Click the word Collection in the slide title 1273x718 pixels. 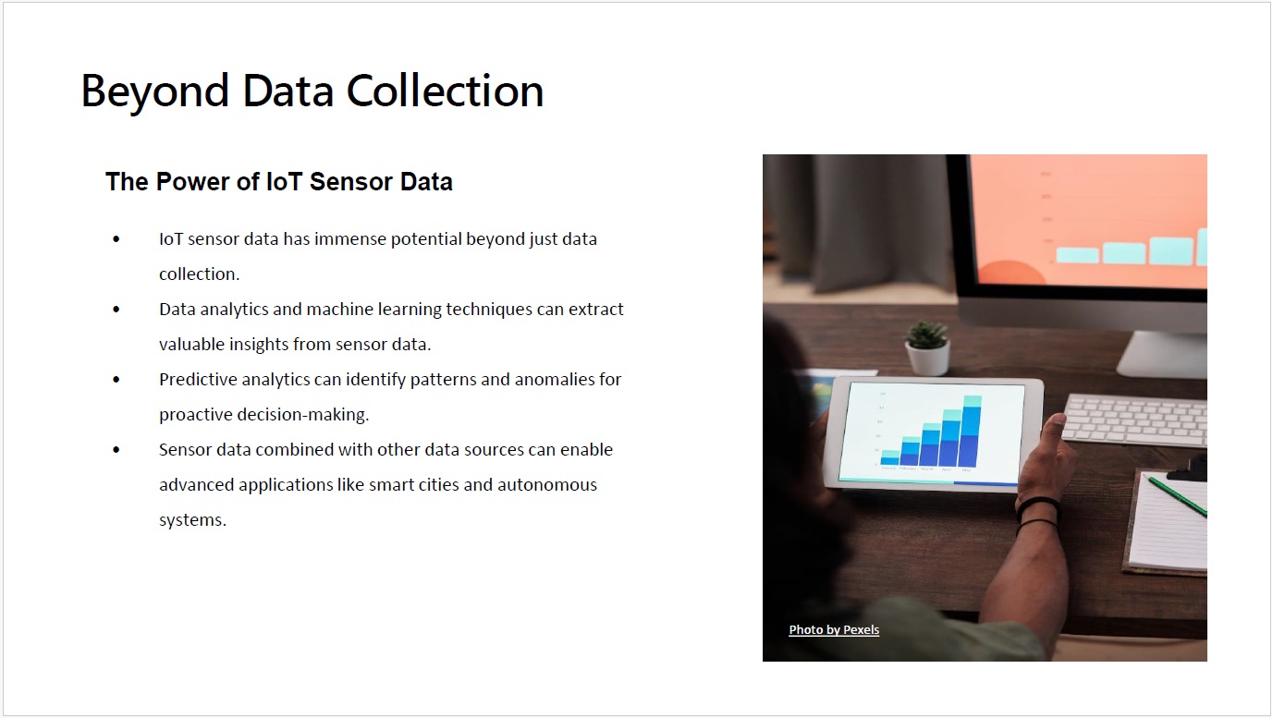(x=445, y=91)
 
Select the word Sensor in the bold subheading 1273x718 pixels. (x=350, y=182)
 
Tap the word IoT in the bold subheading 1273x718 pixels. (x=284, y=182)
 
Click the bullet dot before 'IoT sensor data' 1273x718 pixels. (x=116, y=239)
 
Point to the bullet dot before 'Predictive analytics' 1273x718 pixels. (x=116, y=380)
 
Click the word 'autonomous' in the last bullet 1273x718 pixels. (x=547, y=485)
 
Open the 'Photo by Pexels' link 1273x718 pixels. (x=834, y=629)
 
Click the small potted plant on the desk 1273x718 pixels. (x=927, y=347)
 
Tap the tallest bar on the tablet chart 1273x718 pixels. (x=972, y=431)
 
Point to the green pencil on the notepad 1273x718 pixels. (x=1177, y=496)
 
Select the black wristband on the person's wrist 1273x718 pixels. (x=1037, y=506)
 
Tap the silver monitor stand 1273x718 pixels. (x=1163, y=353)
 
